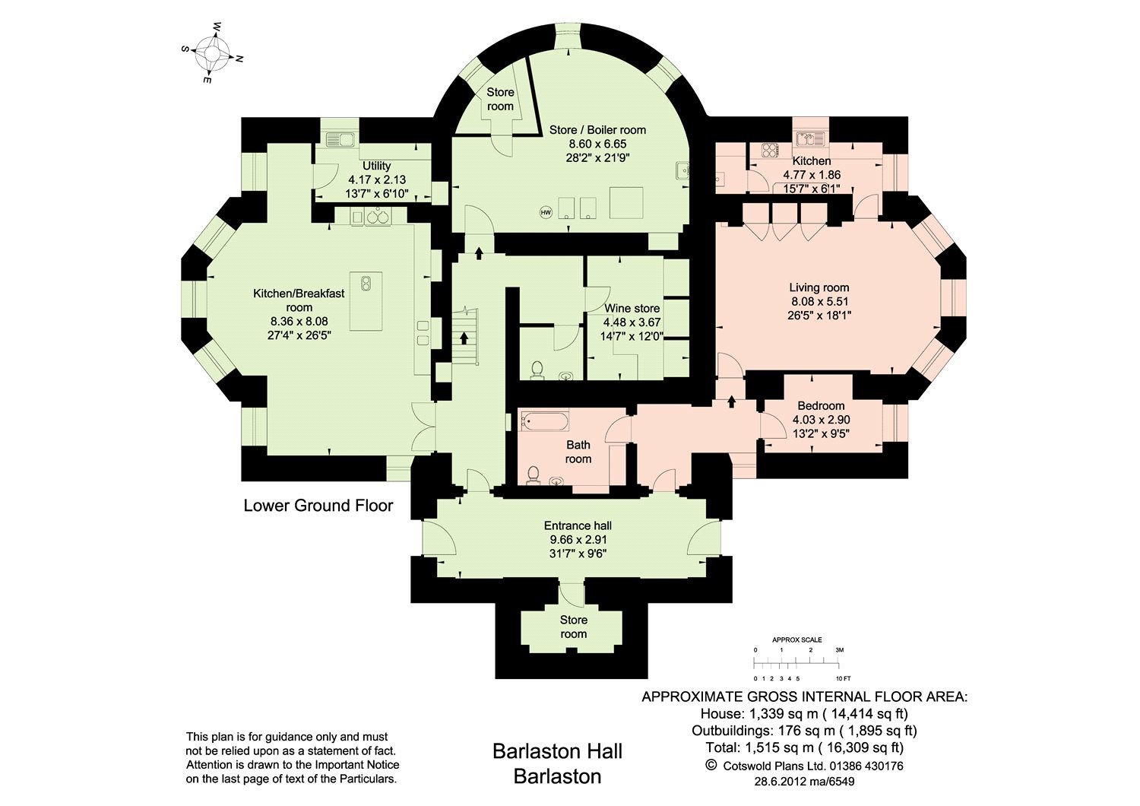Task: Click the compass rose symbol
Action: click(x=212, y=52)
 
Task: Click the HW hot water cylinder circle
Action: click(x=545, y=212)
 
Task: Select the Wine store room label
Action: click(x=632, y=309)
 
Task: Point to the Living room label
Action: click(x=819, y=287)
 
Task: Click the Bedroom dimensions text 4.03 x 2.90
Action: click(x=821, y=420)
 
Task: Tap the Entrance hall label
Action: click(x=578, y=525)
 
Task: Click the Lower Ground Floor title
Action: click(x=318, y=506)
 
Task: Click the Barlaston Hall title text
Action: click(x=557, y=751)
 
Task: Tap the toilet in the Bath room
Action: click(x=533, y=474)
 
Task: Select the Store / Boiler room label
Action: click(x=597, y=130)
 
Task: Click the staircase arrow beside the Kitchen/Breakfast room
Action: click(x=463, y=337)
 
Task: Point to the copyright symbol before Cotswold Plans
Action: click(x=711, y=765)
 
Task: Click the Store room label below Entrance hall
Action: click(x=574, y=627)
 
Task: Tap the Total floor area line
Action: click(x=804, y=747)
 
